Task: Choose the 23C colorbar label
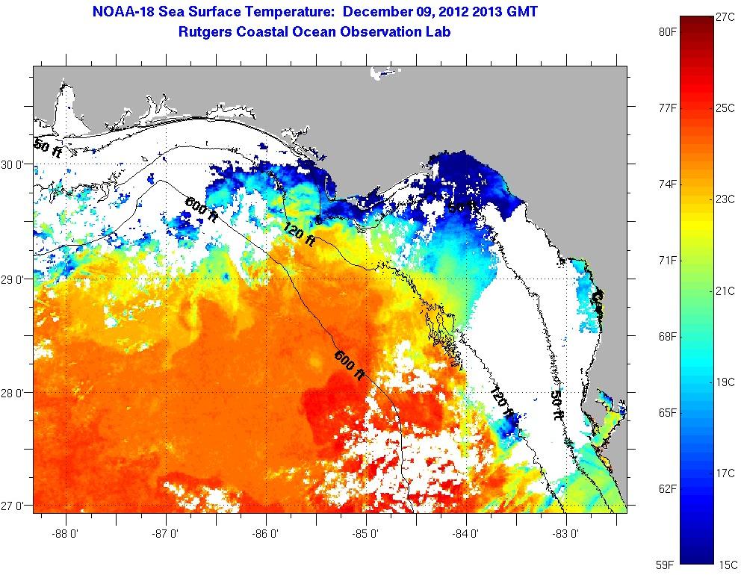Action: (724, 199)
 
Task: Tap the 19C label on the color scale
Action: (724, 382)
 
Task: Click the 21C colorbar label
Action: (724, 290)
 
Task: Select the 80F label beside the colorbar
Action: (668, 32)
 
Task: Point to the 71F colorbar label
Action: (668, 260)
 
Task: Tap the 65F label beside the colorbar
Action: (668, 412)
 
